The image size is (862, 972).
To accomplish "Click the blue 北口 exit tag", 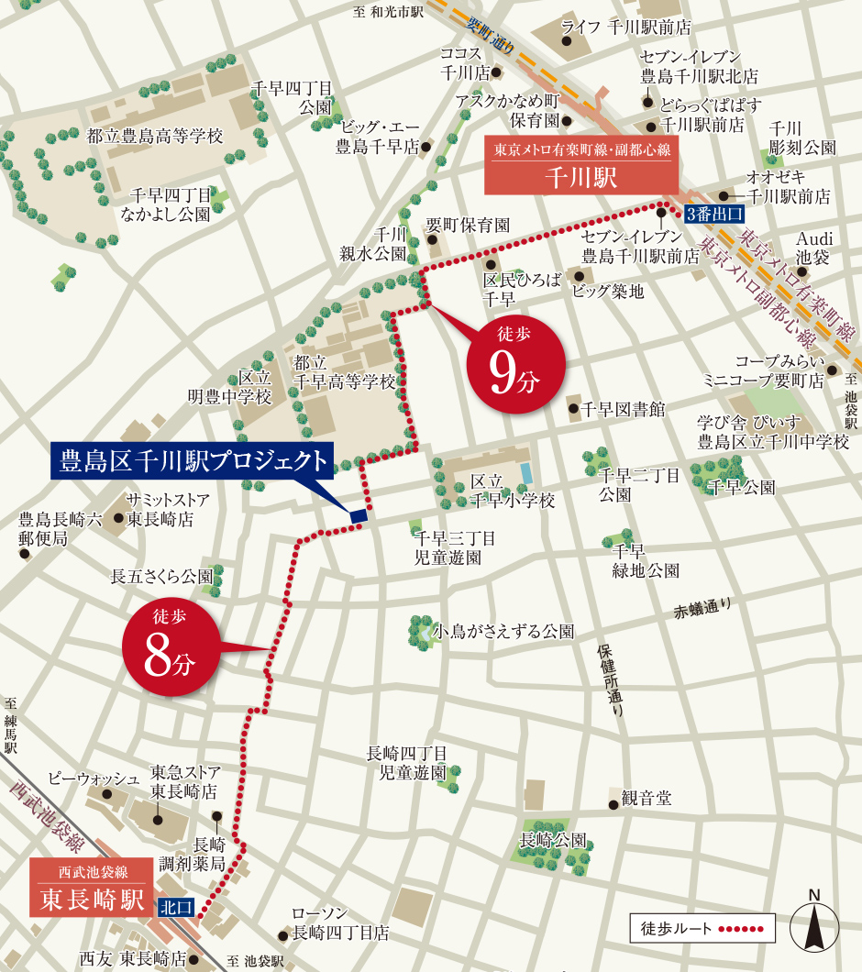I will click(176, 907).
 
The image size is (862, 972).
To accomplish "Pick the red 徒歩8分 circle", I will click(170, 647).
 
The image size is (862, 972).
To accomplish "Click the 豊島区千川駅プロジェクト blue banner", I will click(193, 461).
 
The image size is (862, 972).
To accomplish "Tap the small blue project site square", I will click(359, 516).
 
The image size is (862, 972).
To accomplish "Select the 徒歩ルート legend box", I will click(702, 928).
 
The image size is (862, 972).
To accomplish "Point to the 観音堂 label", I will click(646, 799).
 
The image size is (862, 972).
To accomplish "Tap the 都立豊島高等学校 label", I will click(155, 136).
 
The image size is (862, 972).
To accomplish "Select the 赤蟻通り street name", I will click(703, 606).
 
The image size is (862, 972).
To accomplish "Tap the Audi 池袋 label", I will click(812, 247).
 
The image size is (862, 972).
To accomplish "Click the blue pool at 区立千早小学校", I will click(525, 472).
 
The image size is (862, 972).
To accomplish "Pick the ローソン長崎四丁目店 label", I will click(340, 923).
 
